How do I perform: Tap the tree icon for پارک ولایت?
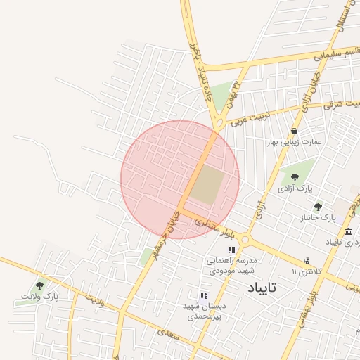coord(39,285)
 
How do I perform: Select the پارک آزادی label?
coord(294,188)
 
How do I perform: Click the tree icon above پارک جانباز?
coord(318,207)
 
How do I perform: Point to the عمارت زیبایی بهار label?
coord(294,141)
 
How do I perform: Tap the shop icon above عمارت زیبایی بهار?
coord(293,131)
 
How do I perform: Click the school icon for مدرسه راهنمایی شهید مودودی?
coord(231,250)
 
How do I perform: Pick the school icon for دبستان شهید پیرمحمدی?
coord(203,295)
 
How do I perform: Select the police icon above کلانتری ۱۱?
coord(306,261)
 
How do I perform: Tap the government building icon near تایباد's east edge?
coord(348,231)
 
